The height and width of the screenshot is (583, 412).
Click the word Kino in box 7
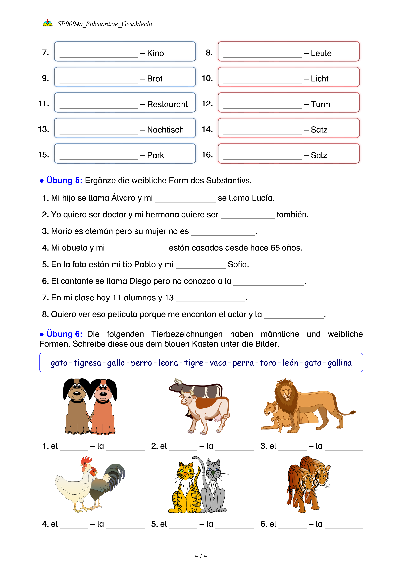tap(155, 53)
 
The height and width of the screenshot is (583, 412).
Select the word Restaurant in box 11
tap(167, 104)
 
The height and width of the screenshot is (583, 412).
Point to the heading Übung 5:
tap(64, 181)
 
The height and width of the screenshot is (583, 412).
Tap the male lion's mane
tap(285, 396)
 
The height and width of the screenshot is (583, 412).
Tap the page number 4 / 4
tap(201, 556)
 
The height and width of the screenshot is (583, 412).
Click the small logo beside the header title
tap(48, 23)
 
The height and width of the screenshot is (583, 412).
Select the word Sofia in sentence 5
tap(238, 265)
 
